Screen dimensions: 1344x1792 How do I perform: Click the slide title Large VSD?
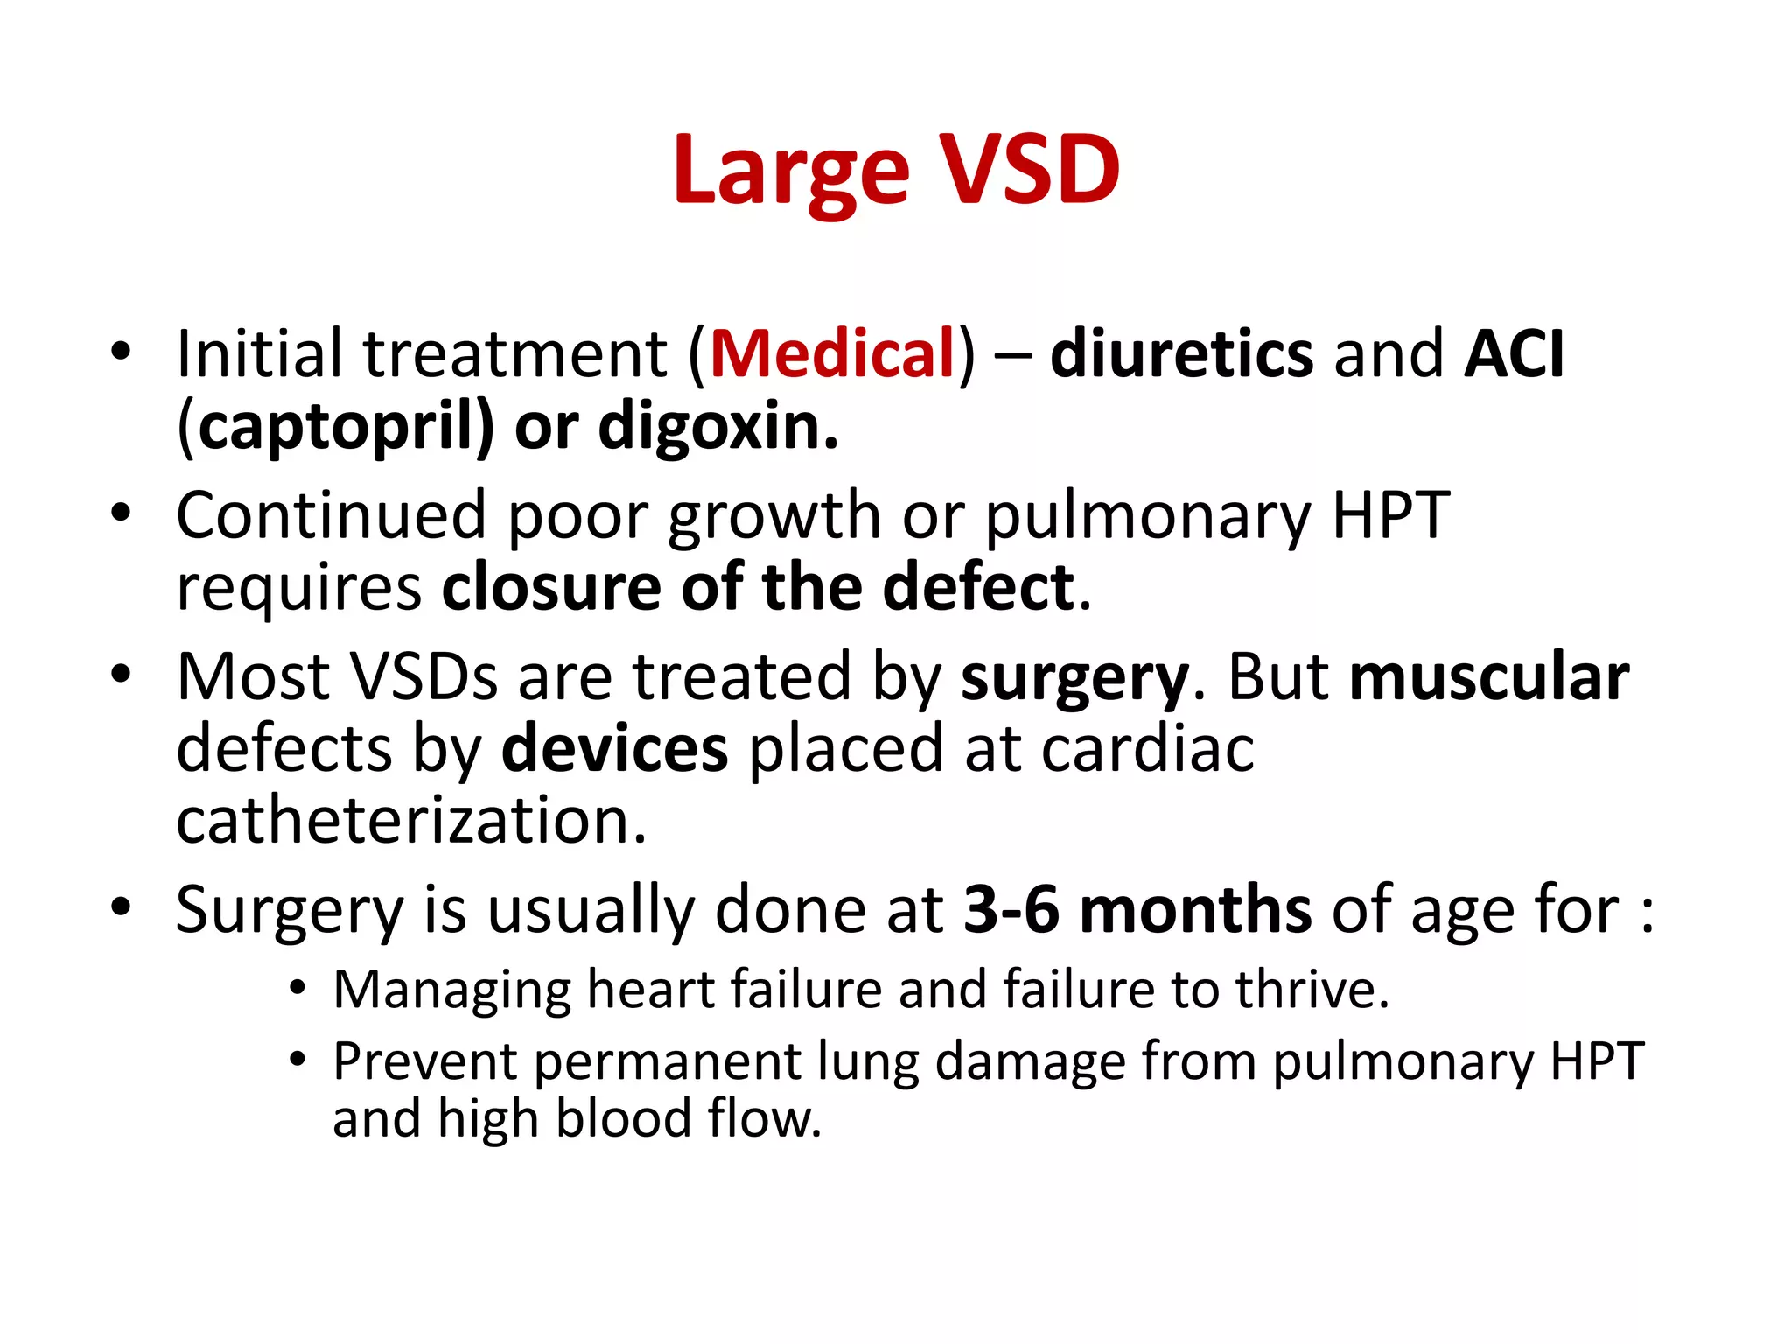[x=896, y=171]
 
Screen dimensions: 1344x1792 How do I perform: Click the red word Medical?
[x=832, y=354]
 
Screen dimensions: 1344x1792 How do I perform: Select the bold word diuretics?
[x=1181, y=354]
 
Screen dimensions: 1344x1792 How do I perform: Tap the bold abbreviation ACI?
[x=1515, y=354]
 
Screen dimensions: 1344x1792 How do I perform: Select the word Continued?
[x=331, y=515]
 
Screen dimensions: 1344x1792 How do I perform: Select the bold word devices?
[x=614, y=749]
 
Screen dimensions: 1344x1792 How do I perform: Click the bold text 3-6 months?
[x=1137, y=910]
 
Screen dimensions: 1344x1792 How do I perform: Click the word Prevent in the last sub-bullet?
[x=425, y=1061]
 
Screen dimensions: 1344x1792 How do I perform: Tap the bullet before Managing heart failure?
[x=298, y=989]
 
